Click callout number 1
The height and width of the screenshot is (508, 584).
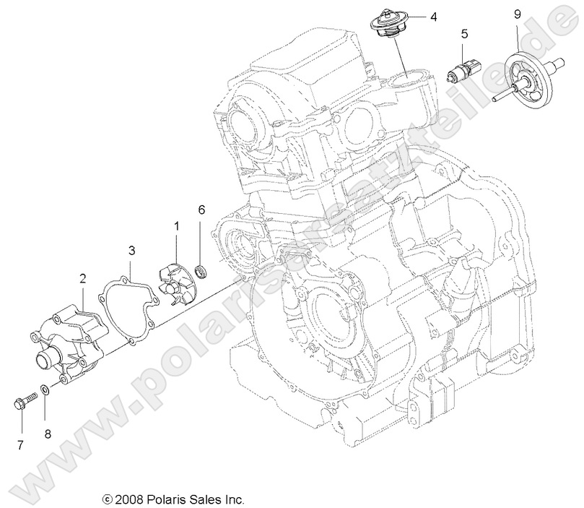[175, 226]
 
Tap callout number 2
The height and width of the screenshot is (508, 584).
[84, 277]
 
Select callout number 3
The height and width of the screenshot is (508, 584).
[131, 251]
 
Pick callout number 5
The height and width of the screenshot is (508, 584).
[464, 33]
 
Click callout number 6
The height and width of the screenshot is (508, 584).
[202, 210]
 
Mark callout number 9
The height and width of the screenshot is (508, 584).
[517, 13]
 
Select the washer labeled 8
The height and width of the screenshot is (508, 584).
[45, 390]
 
